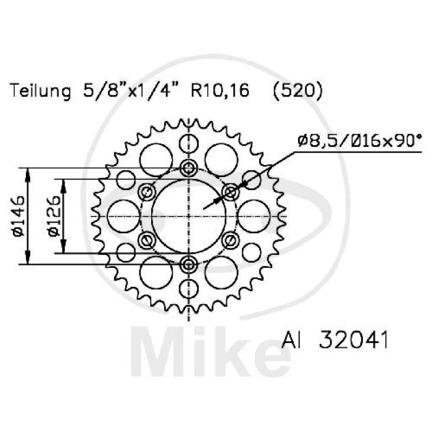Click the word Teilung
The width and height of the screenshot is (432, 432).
click(41, 91)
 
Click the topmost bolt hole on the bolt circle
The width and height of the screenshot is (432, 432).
click(188, 168)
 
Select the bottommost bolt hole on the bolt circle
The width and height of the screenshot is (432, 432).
click(188, 264)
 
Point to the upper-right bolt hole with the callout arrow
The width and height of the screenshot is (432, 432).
click(231, 192)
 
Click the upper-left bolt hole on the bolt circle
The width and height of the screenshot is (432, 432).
click(146, 192)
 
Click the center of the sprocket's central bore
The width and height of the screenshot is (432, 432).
click(188, 216)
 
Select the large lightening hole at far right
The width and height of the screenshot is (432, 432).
click(254, 216)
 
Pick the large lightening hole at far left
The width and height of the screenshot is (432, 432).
click(123, 216)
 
